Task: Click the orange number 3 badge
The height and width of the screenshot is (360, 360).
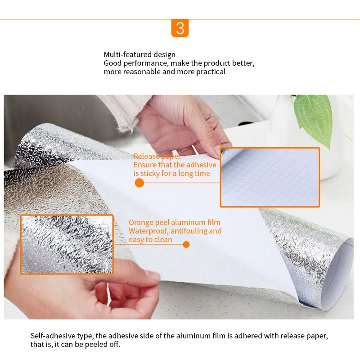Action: coord(180,28)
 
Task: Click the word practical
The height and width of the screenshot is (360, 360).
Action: coord(211,72)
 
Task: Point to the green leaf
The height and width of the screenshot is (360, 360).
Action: coord(315,119)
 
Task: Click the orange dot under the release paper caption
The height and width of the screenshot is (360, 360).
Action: coord(139,183)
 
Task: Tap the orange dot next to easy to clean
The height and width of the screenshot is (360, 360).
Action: coord(186,244)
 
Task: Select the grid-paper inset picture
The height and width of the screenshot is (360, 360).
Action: coord(270,177)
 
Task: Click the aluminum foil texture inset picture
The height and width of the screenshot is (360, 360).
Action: coord(67,244)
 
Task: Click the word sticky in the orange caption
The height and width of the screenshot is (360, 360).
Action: coord(150,174)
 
